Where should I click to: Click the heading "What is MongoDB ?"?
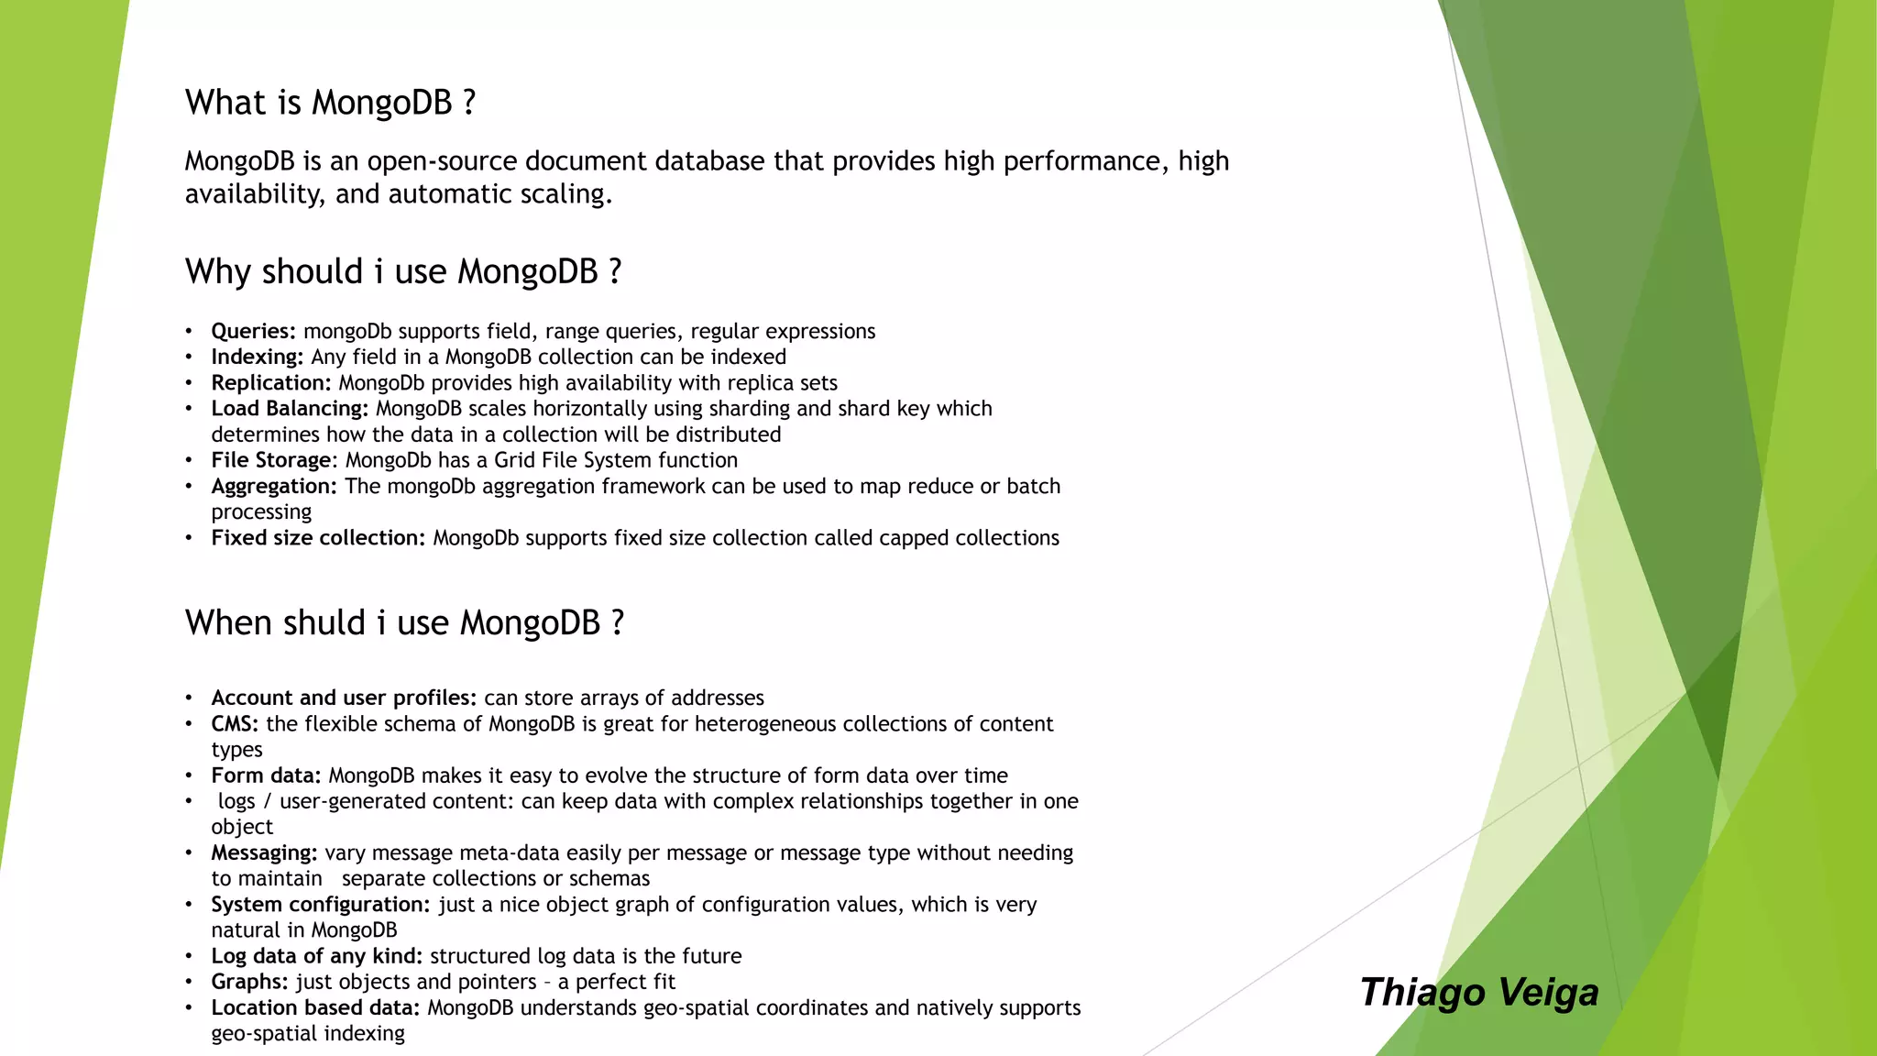click(x=330, y=103)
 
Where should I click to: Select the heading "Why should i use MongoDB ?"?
click(x=403, y=272)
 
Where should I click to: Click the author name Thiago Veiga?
click(x=1479, y=993)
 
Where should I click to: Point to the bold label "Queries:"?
click(x=254, y=332)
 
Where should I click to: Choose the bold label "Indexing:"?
click(x=258, y=357)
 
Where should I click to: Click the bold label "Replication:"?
click(x=271, y=383)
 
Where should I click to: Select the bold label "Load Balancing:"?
click(x=290, y=409)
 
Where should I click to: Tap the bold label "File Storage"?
click(x=271, y=460)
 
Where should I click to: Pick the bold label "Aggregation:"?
click(x=274, y=487)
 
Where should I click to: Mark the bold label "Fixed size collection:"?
click(x=318, y=538)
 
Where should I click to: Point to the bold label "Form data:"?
click(x=266, y=775)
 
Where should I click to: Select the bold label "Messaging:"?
click(x=264, y=853)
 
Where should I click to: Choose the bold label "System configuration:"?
click(x=321, y=905)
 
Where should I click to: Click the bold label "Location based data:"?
click(x=315, y=1008)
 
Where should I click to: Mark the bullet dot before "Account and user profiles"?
click(x=189, y=698)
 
